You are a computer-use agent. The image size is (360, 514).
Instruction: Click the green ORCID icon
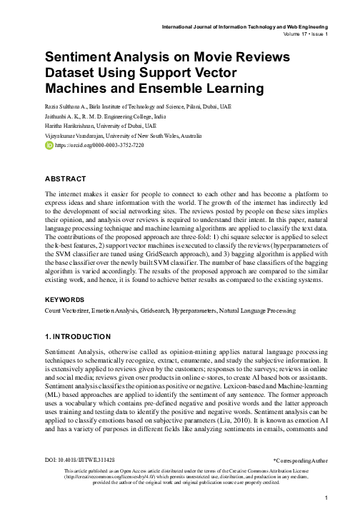tap(49, 144)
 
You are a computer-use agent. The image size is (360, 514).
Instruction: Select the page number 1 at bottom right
tap(325, 498)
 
